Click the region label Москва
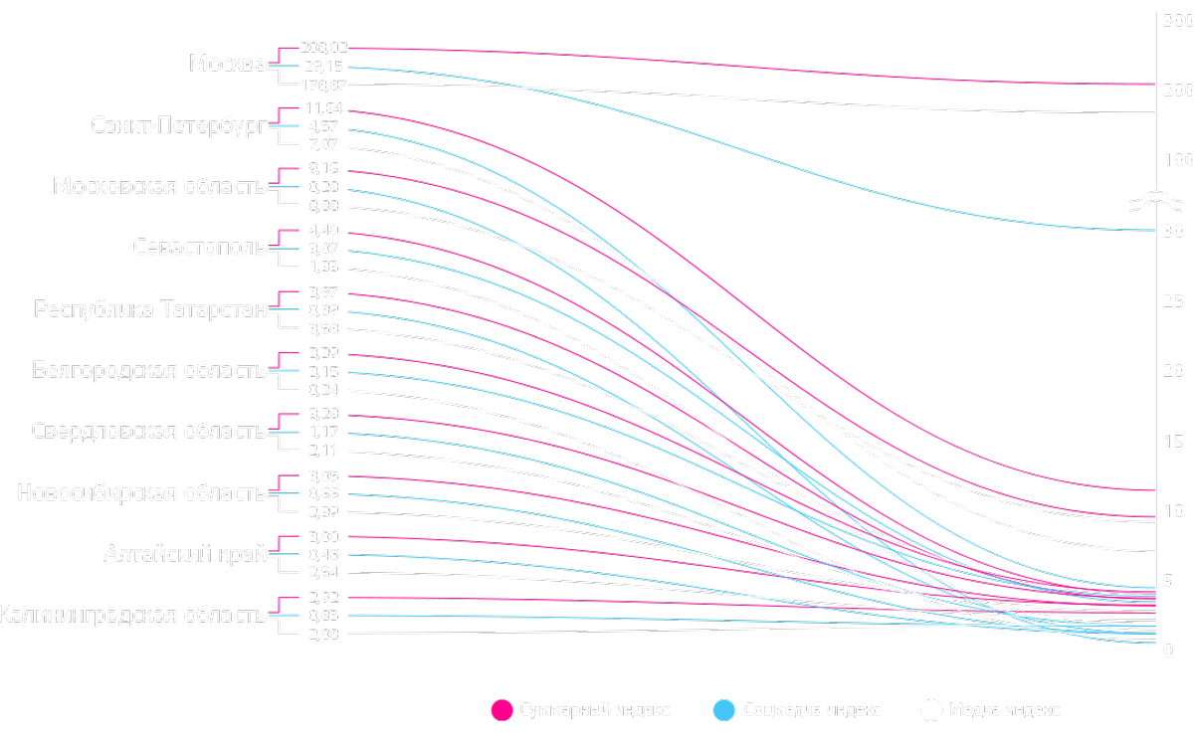pos(227,65)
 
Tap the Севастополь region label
pos(199,248)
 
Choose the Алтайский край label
pos(185,554)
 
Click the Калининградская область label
pos(132,616)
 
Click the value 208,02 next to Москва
pos(323,48)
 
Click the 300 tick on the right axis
pos(1177,19)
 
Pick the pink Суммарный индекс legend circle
pos(501,709)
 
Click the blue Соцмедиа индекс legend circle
pos(725,709)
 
